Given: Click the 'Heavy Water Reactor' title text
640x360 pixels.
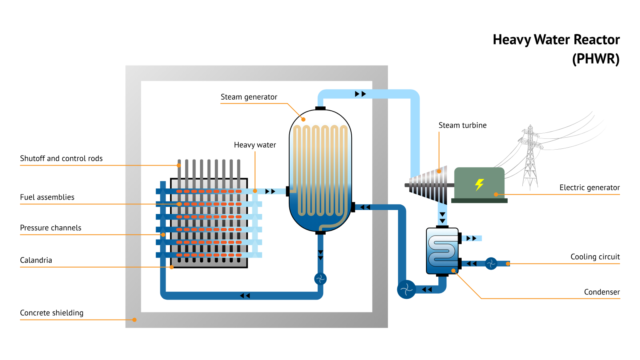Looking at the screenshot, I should (x=556, y=40).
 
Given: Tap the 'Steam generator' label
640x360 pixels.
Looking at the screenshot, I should (x=249, y=97).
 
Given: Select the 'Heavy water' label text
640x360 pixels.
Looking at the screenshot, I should (x=255, y=145).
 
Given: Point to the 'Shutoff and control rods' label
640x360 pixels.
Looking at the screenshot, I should (x=61, y=158).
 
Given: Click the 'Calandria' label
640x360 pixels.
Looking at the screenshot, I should (x=36, y=260).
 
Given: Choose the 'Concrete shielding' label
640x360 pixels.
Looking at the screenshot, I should (x=52, y=313).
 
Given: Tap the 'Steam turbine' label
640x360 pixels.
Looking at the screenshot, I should (x=462, y=126).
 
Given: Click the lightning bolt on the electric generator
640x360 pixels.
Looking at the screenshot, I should (x=479, y=184).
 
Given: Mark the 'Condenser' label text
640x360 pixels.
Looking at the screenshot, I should (x=602, y=292).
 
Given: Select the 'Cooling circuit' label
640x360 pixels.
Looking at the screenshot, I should (x=595, y=257).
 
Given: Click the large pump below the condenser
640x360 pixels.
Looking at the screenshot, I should (x=406, y=289).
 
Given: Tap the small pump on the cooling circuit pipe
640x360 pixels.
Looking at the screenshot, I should (x=491, y=264).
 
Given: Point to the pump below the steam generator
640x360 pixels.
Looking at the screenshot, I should (x=320, y=279).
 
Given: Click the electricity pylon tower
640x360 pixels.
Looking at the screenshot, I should (x=530, y=158).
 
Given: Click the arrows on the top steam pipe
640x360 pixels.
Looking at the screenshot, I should (x=360, y=94).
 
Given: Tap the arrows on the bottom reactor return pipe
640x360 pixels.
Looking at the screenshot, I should (x=245, y=296).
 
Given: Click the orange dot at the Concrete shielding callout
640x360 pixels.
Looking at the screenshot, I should (x=134, y=320).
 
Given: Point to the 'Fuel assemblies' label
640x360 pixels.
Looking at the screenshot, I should (x=47, y=197).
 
